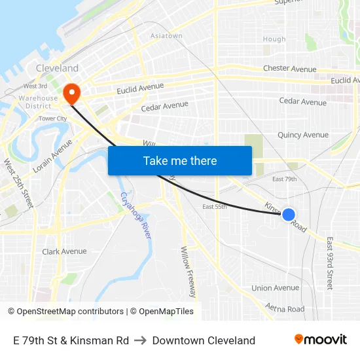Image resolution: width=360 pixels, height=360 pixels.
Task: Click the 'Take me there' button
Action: tap(180, 160)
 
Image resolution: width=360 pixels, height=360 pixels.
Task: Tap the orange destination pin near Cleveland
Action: tap(72, 92)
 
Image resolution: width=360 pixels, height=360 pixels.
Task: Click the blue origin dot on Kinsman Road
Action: tap(288, 214)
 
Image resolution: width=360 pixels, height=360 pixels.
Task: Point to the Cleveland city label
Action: tap(57, 68)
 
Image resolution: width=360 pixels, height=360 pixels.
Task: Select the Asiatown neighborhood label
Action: tap(166, 36)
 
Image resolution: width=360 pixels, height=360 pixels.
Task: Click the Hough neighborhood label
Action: tap(274, 39)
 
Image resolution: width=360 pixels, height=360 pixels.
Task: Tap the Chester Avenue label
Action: tap(289, 69)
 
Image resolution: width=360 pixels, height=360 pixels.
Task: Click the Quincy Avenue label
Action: tap(302, 135)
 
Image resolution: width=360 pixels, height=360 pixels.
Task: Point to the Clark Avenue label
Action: tap(64, 251)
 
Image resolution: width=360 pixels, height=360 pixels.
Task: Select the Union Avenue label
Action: tap(275, 288)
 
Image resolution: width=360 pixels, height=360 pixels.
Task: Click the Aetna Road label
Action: tap(285, 308)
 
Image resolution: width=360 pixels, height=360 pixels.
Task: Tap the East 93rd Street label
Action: tap(330, 263)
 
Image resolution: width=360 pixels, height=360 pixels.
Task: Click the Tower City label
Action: tap(52, 118)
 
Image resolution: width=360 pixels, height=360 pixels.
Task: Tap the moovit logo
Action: tap(320, 339)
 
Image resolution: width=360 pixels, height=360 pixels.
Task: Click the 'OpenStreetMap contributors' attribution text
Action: tap(70, 312)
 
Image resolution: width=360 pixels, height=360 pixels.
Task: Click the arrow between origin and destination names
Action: tap(140, 340)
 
